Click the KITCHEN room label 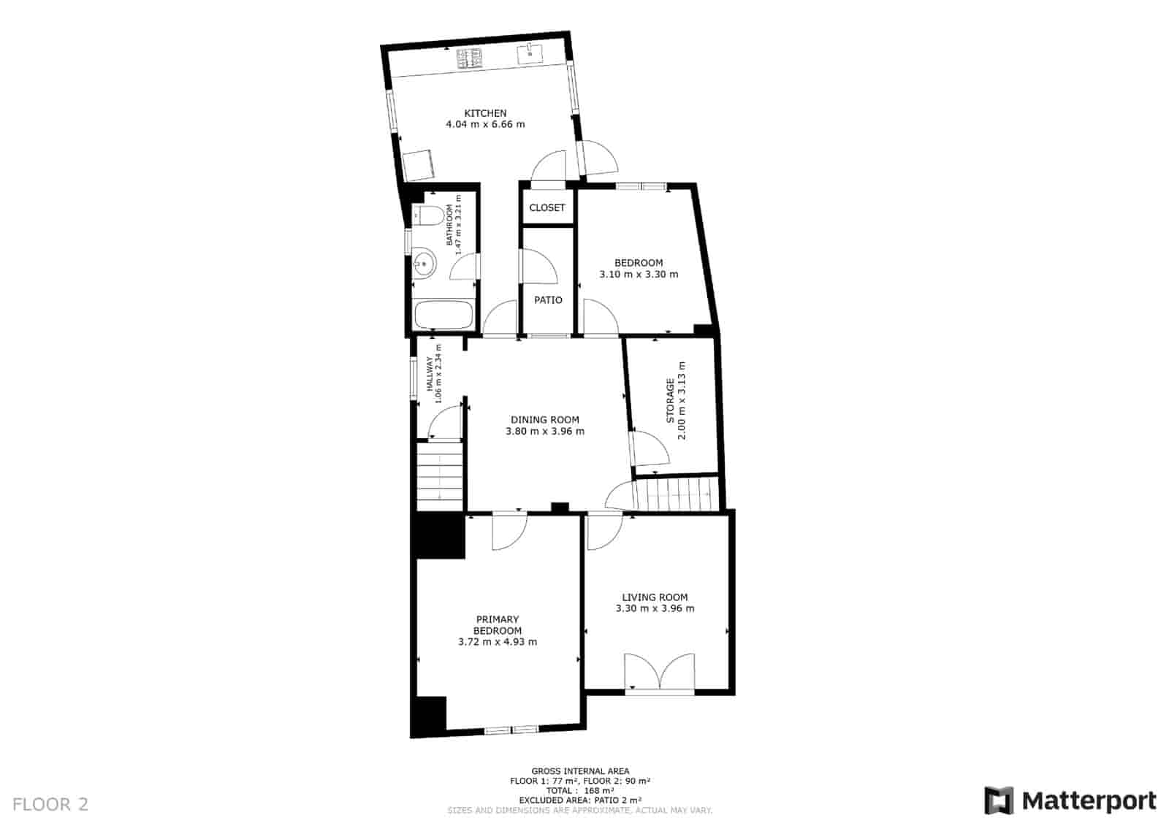point(485,113)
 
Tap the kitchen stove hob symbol point(471,58)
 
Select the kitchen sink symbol point(530,53)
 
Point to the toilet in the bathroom point(430,215)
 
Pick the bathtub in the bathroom point(443,316)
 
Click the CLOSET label point(547,207)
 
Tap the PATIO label point(548,300)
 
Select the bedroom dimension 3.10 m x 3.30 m point(639,275)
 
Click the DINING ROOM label point(544,420)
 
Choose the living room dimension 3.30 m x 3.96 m point(655,608)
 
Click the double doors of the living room point(659,671)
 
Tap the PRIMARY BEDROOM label point(498,625)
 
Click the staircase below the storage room point(676,493)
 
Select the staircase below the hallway point(440,476)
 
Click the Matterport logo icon point(998,800)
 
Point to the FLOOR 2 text point(50,804)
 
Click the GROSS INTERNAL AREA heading point(580,771)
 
